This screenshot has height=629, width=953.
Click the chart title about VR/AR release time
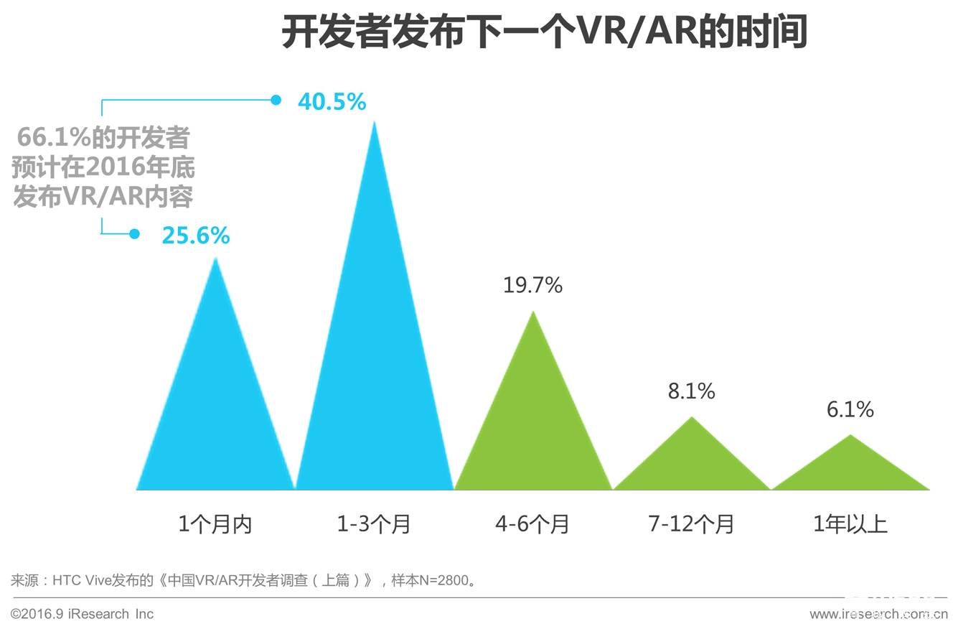[x=544, y=32]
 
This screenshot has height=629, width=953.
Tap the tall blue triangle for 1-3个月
[x=375, y=359]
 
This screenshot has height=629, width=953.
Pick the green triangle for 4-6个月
[x=533, y=431]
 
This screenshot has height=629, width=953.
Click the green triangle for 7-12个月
[x=692, y=463]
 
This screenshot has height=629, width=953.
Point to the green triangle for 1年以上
[x=850, y=470]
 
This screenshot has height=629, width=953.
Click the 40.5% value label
[x=332, y=102]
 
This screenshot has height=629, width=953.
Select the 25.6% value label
[x=195, y=235]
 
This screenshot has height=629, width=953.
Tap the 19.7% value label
[x=532, y=285]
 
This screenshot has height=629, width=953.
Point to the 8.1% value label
[x=691, y=391]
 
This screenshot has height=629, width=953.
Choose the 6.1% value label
[x=850, y=409]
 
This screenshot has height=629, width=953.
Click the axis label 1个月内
[x=215, y=524]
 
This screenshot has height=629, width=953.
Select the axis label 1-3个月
[x=374, y=524]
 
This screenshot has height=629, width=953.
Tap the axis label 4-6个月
[x=532, y=524]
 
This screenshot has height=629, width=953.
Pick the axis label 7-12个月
[x=691, y=524]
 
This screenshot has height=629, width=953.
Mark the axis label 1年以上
[x=850, y=524]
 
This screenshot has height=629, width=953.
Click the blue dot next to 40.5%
[x=276, y=100]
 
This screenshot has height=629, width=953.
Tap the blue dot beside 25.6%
[x=134, y=234]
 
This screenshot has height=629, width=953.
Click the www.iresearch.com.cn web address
[x=878, y=614]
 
